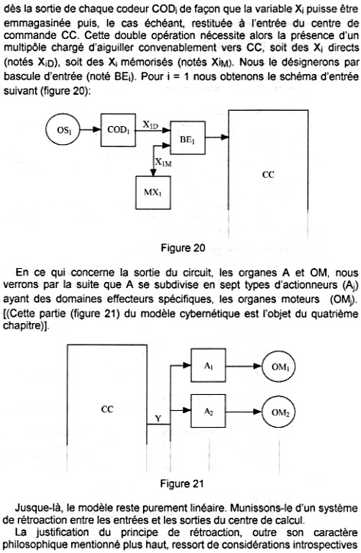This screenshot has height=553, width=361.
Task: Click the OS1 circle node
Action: pyautogui.click(x=63, y=130)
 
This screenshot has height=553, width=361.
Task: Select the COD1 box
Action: pyautogui.click(x=119, y=130)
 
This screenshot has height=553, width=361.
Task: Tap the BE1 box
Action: pyautogui.click(x=188, y=138)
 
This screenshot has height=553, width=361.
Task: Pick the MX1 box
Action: pyautogui.click(x=153, y=192)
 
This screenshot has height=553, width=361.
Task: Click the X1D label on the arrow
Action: pyautogui.click(x=151, y=125)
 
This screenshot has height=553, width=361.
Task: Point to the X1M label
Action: pyautogui.click(x=164, y=162)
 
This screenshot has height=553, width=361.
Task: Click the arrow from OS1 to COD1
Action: pyautogui.click(x=90, y=130)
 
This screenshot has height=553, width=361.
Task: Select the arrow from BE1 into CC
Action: pyautogui.click(x=217, y=137)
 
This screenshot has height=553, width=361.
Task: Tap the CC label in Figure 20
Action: pyautogui.click(x=268, y=175)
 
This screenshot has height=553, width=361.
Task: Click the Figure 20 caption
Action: pyautogui.click(x=183, y=247)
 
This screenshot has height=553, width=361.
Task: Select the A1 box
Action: pyautogui.click(x=208, y=365)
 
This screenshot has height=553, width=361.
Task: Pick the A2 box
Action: pyautogui.click(x=208, y=411)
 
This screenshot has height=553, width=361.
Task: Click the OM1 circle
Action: pyautogui.click(x=280, y=367)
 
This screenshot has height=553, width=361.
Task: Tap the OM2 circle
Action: pyautogui.click(x=280, y=412)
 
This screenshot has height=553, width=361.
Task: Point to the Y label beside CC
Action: pyautogui.click(x=158, y=419)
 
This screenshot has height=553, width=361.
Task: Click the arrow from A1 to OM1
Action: pyautogui.click(x=244, y=366)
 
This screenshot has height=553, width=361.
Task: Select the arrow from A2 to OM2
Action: pyautogui.click(x=244, y=411)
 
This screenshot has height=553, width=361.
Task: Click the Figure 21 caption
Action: pyautogui.click(x=182, y=483)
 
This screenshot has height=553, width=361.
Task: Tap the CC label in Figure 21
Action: pyautogui.click(x=107, y=409)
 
